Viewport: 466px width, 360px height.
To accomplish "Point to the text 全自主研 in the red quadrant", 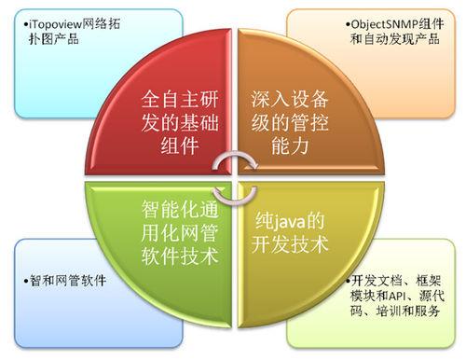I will [x=180, y=98].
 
